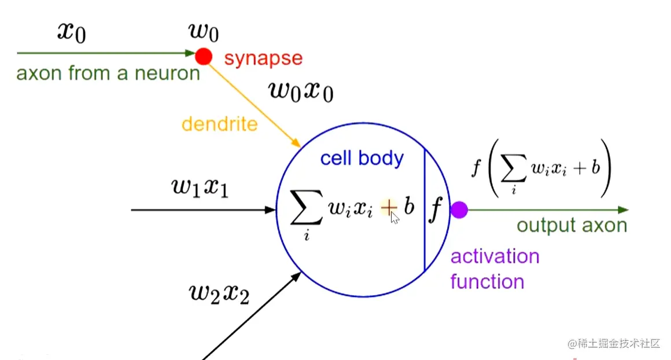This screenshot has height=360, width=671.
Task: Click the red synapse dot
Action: click(203, 56)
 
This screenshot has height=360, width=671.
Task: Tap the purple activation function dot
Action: click(459, 210)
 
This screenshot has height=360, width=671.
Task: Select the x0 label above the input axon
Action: click(72, 32)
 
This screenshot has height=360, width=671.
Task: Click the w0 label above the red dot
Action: click(204, 32)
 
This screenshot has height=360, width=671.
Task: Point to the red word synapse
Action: click(263, 58)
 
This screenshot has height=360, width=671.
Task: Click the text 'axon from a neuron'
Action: click(108, 74)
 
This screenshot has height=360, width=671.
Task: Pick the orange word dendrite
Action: click(219, 123)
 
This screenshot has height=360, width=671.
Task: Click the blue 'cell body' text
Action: click(362, 158)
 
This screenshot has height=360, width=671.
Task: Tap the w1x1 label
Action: click(200, 188)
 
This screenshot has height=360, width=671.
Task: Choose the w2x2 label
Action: click(219, 293)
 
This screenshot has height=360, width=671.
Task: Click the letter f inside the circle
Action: click(436, 210)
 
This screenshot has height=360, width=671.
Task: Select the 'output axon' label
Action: click(572, 225)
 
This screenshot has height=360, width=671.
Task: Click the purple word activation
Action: click(495, 256)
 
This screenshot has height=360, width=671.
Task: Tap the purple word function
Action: click(487, 282)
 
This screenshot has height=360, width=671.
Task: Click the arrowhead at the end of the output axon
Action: click(622, 210)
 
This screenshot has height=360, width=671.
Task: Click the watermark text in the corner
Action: click(614, 343)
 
